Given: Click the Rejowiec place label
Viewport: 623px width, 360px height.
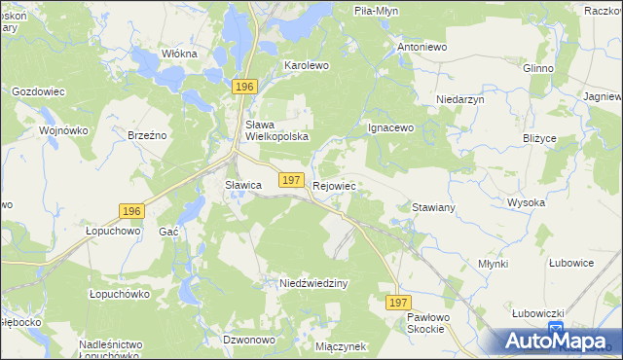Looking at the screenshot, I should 335,185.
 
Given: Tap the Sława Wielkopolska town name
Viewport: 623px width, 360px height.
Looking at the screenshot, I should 276,130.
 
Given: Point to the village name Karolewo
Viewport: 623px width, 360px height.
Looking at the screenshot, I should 307,65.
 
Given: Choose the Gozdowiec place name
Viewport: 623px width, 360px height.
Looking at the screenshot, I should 38,91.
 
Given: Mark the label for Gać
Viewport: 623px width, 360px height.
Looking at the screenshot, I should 168,232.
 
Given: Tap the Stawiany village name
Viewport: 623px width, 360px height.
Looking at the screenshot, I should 434,208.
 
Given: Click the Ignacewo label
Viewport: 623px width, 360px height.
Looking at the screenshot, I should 391,127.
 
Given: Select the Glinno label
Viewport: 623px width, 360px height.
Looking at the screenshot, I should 537,68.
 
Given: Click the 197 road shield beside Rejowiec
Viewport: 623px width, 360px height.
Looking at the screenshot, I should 290,180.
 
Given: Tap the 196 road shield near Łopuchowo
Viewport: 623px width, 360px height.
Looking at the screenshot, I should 131,211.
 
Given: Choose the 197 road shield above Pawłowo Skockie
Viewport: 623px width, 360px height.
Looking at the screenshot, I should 397,304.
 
